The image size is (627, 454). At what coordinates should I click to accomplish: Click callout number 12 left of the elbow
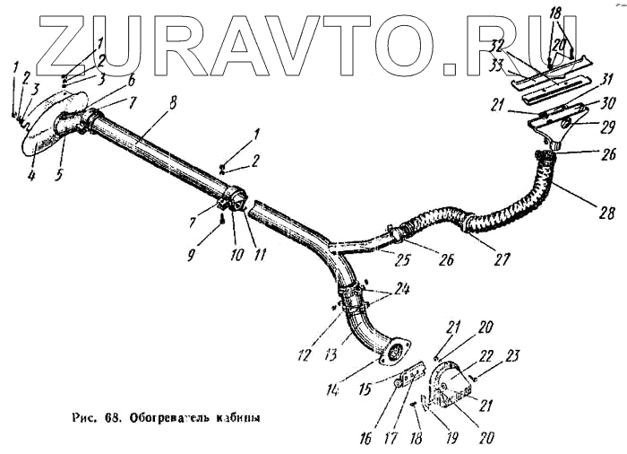click(x=305, y=355)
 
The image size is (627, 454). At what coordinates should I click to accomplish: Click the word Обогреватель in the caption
click(x=168, y=418)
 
